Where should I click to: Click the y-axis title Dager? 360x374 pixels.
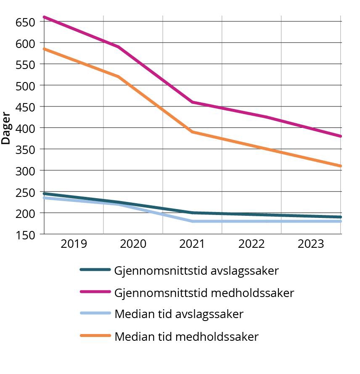(x=6, y=128)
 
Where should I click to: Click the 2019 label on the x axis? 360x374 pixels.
(x=74, y=244)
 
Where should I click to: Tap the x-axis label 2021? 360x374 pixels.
(x=192, y=244)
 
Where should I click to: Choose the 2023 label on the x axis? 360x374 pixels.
(x=311, y=244)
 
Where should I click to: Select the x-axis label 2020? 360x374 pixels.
(x=133, y=244)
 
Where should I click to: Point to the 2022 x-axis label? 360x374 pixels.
(x=251, y=244)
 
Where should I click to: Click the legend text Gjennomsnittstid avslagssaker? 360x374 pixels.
(x=196, y=271)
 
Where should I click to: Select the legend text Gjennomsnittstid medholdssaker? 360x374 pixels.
(x=204, y=293)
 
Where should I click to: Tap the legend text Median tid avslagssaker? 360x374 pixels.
(x=179, y=314)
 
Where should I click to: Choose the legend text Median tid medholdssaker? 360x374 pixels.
(x=186, y=337)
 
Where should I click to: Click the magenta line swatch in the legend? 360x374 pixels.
(x=95, y=292)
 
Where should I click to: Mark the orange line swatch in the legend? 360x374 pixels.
(x=95, y=336)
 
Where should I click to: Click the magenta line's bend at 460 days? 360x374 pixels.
(x=193, y=102)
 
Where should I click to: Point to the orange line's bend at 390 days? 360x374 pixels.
(x=193, y=132)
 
